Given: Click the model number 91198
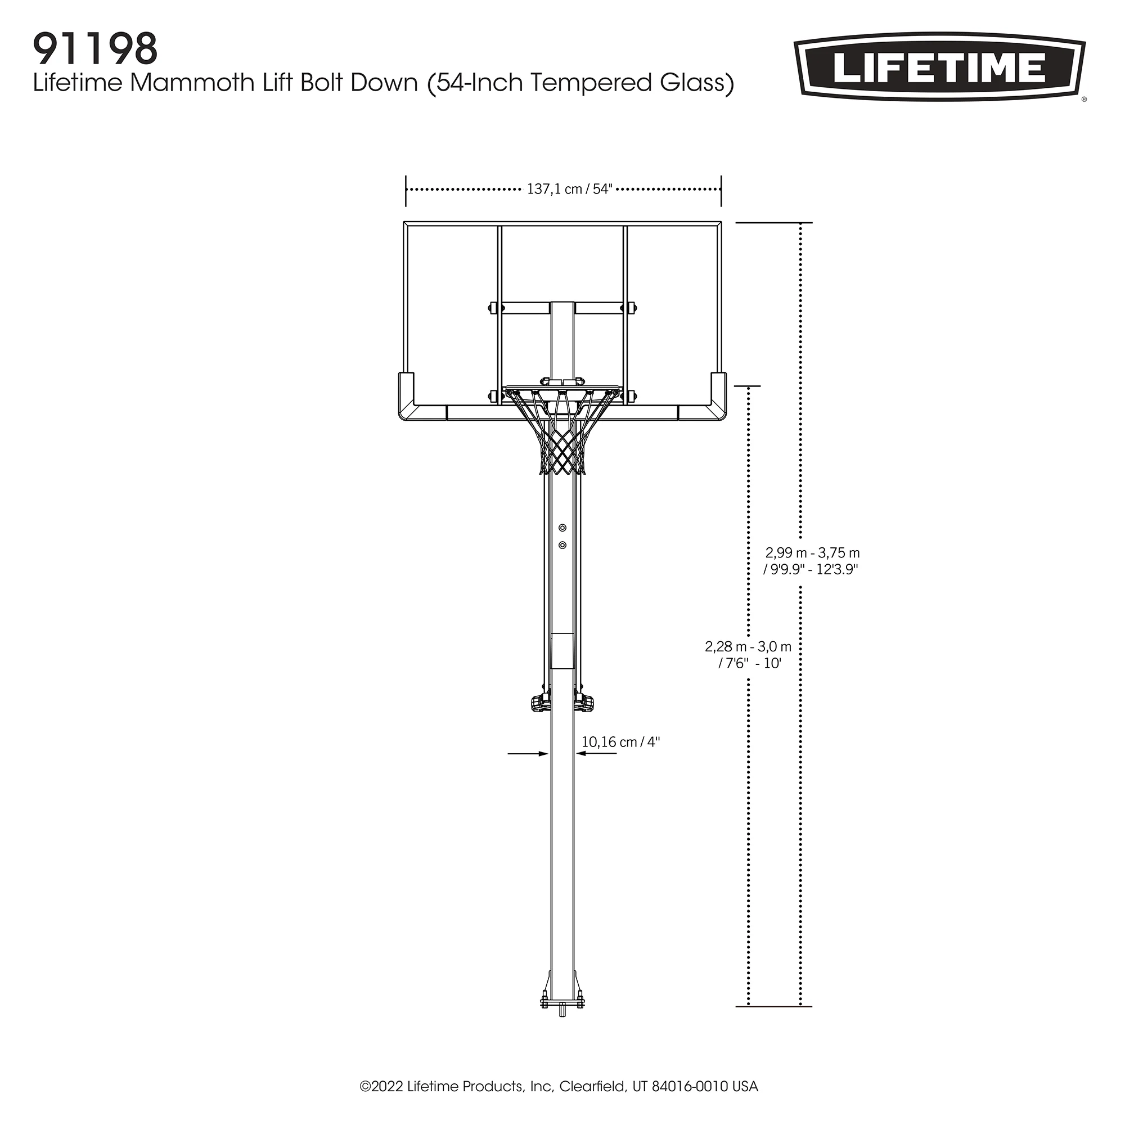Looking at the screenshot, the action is click(x=96, y=49).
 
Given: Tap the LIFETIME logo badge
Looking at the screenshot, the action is click(x=940, y=66).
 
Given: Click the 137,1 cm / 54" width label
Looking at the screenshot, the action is click(x=569, y=189).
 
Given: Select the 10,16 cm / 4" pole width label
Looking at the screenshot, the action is click(x=621, y=742).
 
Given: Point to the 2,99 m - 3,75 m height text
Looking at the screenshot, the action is click(x=812, y=552).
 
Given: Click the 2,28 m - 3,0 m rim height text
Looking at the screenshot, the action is click(x=748, y=646).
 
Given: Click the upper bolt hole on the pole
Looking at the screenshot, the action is click(x=562, y=528).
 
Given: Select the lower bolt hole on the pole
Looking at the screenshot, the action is click(x=562, y=545).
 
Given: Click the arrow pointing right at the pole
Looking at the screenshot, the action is click(x=528, y=754).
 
